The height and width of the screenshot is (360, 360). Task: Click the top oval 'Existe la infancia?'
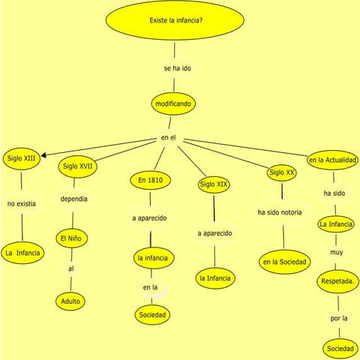(x=175, y=20)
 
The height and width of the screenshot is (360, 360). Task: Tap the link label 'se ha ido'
(x=178, y=68)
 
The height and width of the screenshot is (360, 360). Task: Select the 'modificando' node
(x=173, y=103)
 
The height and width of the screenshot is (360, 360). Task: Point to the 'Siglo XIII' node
(x=21, y=158)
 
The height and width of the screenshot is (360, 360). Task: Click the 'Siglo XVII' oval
(x=78, y=166)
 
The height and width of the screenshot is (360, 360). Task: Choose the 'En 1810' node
(x=150, y=181)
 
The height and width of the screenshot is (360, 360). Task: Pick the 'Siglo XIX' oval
(x=214, y=184)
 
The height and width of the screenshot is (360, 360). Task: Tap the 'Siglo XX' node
(x=282, y=173)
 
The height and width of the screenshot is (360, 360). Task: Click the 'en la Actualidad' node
(x=332, y=160)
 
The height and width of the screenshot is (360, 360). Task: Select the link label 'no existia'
(x=21, y=203)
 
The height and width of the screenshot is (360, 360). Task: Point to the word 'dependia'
(x=73, y=199)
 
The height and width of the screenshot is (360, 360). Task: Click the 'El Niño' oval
(x=73, y=239)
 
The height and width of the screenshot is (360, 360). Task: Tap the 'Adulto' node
(x=70, y=301)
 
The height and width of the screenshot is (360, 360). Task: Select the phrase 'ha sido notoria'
(x=280, y=212)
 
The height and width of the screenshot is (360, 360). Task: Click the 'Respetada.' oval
(x=338, y=281)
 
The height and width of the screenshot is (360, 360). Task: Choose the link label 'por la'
(x=339, y=319)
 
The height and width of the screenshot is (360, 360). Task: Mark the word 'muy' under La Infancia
(x=336, y=252)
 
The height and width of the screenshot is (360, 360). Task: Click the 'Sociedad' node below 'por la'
(x=340, y=349)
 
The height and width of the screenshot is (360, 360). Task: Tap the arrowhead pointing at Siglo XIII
(x=46, y=156)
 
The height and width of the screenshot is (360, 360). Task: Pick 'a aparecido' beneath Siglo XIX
(x=214, y=233)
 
